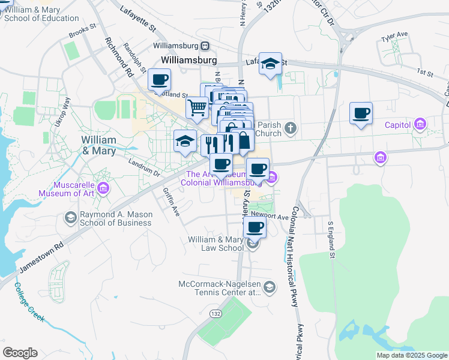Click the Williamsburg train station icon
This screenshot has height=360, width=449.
205,46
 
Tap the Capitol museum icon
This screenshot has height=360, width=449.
420,125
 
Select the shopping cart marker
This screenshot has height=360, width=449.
197,108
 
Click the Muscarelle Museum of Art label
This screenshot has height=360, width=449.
67,188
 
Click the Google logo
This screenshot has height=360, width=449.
20,353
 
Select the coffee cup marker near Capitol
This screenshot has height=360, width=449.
361,113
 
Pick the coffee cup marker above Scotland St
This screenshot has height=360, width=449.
160,79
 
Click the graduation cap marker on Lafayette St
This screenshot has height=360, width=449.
271,64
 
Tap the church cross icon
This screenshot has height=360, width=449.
291,128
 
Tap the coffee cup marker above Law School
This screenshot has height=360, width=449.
255,227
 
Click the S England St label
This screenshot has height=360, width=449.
331,240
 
